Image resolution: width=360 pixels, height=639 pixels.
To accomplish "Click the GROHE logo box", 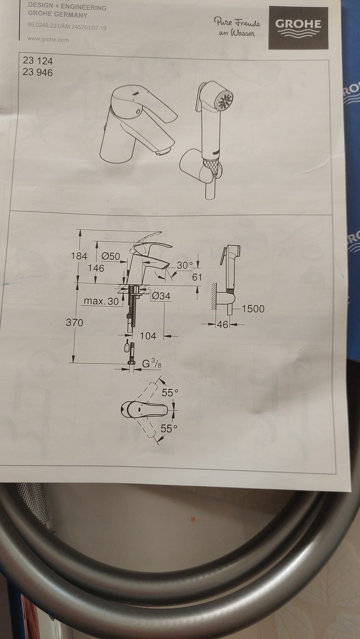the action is click(x=298, y=28).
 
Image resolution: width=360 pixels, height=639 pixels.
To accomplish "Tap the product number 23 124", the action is click(x=37, y=61).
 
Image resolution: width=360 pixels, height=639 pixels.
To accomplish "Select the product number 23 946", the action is click(x=37, y=72).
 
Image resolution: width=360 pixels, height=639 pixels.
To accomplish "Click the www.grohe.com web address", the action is click(x=48, y=39).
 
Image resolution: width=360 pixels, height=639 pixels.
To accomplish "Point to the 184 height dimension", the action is click(x=79, y=256).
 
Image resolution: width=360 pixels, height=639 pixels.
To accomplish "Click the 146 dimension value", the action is click(x=96, y=268).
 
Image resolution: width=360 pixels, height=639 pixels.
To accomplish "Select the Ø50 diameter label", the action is click(x=111, y=256).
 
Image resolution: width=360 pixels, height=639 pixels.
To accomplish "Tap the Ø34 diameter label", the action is click(x=161, y=296).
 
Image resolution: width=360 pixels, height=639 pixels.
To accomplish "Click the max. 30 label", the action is click(x=101, y=301).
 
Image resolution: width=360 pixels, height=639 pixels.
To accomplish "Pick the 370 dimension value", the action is click(x=74, y=323).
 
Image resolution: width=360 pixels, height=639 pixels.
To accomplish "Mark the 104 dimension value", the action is click(x=148, y=336).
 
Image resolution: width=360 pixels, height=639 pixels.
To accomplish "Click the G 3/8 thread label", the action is click(x=151, y=364).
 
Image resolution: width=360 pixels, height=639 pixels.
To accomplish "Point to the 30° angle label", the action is click(x=185, y=265).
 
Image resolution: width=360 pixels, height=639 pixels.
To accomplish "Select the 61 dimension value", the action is click(x=197, y=277).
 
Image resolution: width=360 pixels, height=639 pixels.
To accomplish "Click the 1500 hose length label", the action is click(x=253, y=309).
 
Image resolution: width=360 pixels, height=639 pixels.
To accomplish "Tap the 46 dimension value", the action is click(x=223, y=324).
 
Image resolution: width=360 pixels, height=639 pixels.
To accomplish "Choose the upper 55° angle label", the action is click(x=169, y=393).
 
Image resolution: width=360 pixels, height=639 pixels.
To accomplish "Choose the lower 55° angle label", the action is click(x=169, y=428).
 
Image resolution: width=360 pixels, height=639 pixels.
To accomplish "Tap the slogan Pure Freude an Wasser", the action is click(x=237, y=27).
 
